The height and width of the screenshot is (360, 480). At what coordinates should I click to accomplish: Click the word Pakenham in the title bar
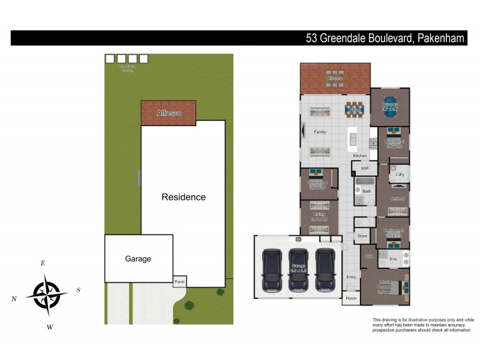tap(439, 39)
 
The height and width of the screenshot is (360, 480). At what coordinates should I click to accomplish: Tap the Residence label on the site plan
tap(184, 197)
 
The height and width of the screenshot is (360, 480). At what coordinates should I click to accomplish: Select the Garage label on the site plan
tap(138, 259)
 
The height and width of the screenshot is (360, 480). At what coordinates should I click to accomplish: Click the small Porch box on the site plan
tap(179, 281)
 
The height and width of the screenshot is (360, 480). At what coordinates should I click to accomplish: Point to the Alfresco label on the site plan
tap(169, 113)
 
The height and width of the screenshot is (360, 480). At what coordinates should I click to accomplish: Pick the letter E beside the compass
tap(43, 263)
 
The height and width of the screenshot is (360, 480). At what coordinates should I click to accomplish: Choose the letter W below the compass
tap(50, 327)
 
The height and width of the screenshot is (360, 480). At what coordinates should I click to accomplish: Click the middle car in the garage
tap(299, 269)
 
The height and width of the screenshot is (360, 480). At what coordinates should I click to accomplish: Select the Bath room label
tap(367, 191)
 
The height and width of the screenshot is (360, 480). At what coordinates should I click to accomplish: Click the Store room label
tap(362, 236)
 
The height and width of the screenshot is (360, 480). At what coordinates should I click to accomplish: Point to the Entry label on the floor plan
tap(351, 277)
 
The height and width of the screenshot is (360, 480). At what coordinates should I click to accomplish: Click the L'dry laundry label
tap(400, 175)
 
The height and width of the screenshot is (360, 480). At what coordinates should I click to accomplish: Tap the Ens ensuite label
tap(394, 259)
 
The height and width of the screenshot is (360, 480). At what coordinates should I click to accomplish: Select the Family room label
tap(320, 132)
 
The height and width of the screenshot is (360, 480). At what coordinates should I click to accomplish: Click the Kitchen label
tap(359, 156)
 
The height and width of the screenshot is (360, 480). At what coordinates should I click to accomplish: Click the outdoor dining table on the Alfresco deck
tap(335, 78)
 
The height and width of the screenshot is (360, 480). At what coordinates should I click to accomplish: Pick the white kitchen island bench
tap(353, 139)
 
